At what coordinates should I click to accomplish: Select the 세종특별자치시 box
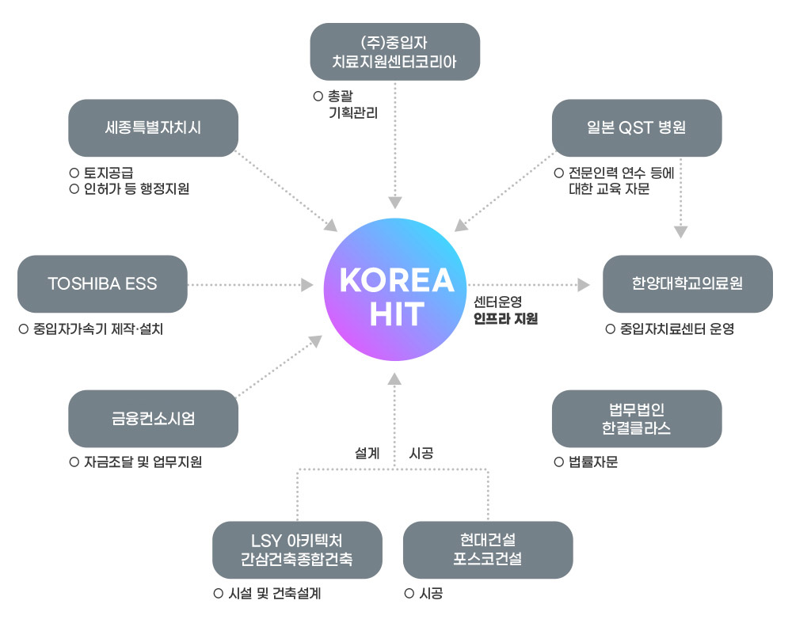point(153,127)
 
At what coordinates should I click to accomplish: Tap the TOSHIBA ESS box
point(102,283)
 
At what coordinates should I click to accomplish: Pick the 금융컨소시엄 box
point(153,419)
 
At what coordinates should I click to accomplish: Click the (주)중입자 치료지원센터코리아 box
point(394,51)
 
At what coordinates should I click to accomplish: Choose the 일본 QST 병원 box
point(637,127)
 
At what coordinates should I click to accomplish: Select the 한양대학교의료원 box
point(687,283)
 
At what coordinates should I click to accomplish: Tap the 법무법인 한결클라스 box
point(637,419)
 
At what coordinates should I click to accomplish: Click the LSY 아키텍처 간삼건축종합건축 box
point(297,549)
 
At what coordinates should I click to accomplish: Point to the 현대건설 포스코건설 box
point(488,549)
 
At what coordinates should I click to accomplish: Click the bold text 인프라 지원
point(505,320)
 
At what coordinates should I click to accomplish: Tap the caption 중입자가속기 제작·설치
point(98,329)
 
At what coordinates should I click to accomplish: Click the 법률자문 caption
point(592,462)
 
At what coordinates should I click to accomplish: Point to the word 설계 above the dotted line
point(367,454)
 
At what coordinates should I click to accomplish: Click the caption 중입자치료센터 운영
point(677,329)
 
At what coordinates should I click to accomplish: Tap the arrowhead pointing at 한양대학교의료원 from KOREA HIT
point(584,284)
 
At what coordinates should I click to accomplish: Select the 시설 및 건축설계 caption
point(274,594)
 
